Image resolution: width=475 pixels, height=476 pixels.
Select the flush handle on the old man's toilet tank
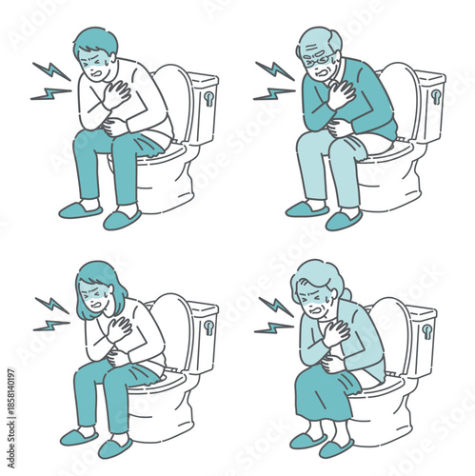(435, 95)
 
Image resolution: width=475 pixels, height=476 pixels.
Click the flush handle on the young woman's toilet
(208, 327)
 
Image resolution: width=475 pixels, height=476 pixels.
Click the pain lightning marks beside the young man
(50, 80)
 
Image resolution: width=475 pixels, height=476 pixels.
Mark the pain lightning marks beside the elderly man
(274, 81)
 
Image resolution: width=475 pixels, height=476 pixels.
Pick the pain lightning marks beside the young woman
(50, 312)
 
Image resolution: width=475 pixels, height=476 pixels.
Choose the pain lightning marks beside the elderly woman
(274, 315)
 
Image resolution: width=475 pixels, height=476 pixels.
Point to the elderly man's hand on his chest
(339, 95)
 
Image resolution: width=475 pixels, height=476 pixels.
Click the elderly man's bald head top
(321, 35)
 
